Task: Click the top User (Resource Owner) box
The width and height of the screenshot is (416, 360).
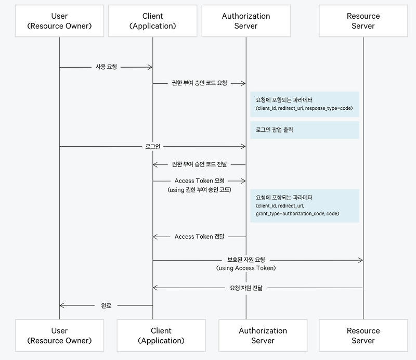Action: [59, 21]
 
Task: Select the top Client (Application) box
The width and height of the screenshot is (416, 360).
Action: [152, 21]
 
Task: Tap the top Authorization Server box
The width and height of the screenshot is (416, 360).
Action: [246, 21]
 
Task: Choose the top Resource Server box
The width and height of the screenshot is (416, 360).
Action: [363, 21]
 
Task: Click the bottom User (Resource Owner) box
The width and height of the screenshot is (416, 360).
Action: [59, 336]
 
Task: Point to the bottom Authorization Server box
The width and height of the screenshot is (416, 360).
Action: [263, 336]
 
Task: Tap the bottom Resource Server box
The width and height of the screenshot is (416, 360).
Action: [363, 336]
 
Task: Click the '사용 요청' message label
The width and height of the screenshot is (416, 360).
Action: [106, 67]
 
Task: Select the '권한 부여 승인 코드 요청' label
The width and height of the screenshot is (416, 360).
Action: [199, 83]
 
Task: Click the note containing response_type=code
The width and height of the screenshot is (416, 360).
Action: [304, 104]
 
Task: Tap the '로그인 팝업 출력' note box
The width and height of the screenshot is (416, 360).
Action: [304, 130]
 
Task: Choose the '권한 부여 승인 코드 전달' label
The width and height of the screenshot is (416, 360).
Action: [199, 164]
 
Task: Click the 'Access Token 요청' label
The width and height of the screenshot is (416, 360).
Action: [200, 181]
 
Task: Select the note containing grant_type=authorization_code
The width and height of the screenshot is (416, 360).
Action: [304, 205]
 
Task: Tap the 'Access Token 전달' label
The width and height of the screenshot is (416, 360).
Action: [200, 236]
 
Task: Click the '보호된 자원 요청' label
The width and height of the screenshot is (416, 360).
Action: [245, 259]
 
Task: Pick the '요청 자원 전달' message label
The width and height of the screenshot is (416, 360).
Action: [245, 288]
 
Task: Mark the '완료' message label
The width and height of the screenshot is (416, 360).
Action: [106, 305]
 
